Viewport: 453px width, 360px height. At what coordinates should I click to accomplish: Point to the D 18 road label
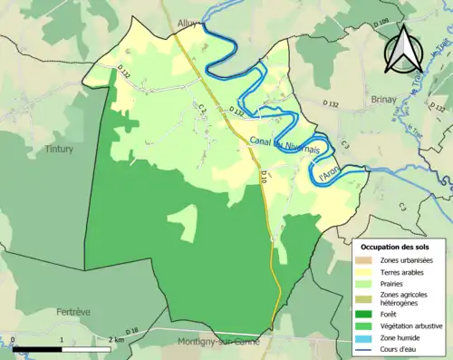click(x=131, y=333)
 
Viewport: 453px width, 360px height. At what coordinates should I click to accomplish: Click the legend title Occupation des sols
click(x=395, y=247)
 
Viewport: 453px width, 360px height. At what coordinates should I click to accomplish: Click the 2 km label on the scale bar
click(x=115, y=338)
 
